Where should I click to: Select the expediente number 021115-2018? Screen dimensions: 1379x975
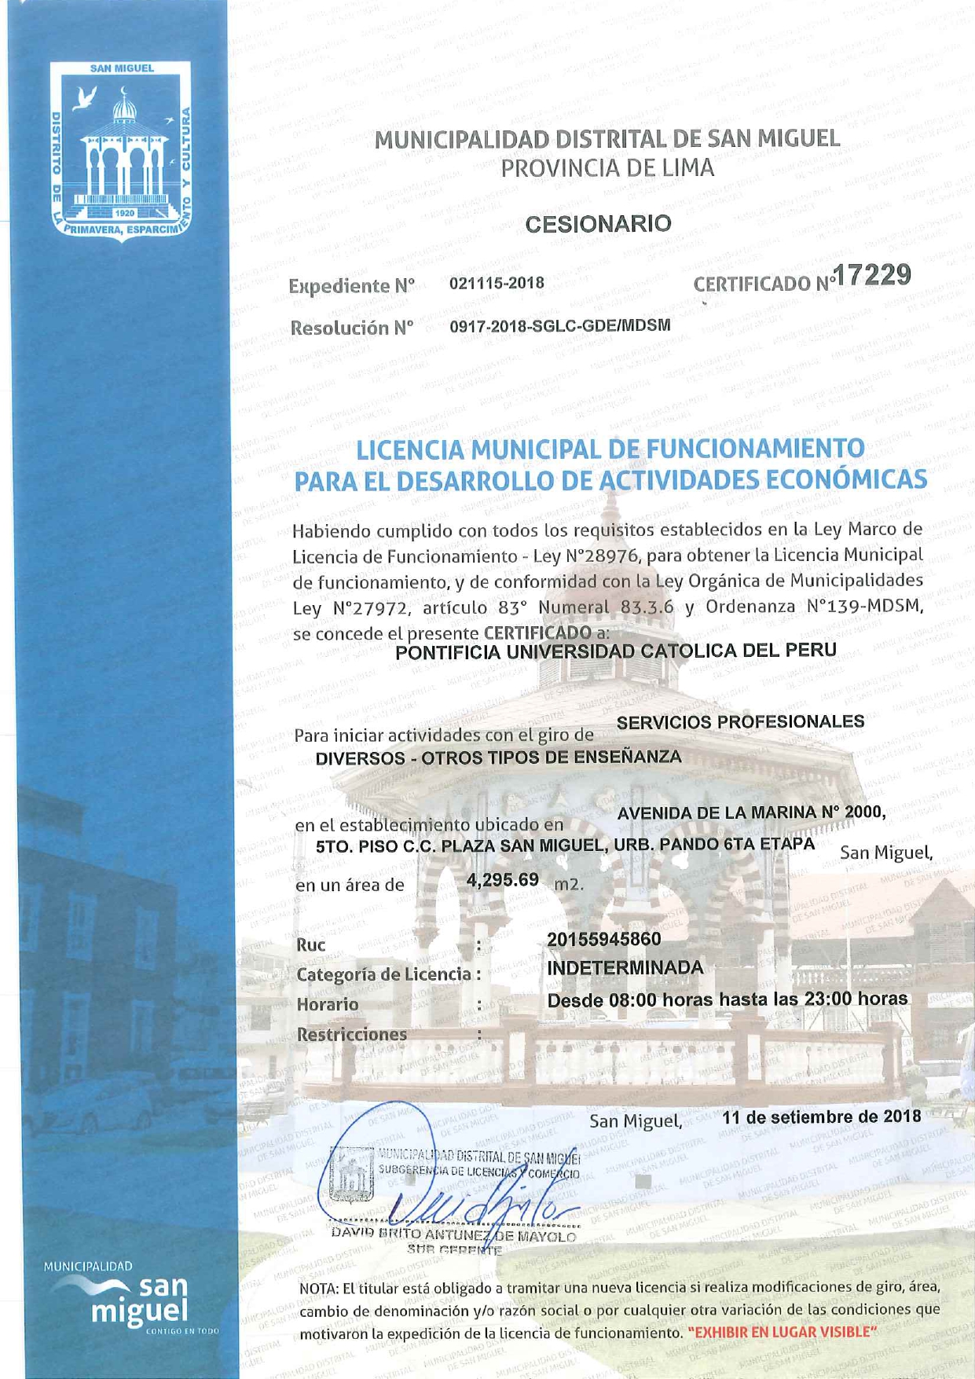[497, 283]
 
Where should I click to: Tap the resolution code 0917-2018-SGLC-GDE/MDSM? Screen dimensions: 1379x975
[559, 325]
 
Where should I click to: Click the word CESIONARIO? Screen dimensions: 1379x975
[598, 224]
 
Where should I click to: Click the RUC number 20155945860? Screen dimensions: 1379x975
[603, 939]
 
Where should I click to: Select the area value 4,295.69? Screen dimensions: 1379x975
[503, 879]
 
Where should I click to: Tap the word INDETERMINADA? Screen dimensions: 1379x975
[625, 968]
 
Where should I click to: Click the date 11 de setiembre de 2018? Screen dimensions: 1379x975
[821, 1117]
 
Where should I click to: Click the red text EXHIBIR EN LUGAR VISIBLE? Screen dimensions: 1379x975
[782, 1332]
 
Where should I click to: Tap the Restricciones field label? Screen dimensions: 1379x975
[351, 1034]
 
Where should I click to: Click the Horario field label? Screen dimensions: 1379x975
[327, 1004]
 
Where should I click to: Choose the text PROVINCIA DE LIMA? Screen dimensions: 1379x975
[607, 168]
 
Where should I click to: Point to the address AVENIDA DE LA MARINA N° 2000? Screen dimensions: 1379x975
[751, 813]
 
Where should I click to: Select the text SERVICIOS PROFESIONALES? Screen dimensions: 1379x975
[740, 721]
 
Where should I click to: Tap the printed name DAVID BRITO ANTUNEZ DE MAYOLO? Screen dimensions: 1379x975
[454, 1235]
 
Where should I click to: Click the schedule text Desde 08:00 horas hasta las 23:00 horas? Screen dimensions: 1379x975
[727, 999]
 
